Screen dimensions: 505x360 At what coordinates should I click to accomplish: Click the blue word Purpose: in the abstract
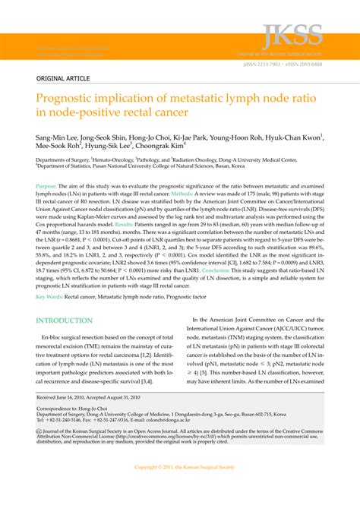(x=47, y=186)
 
